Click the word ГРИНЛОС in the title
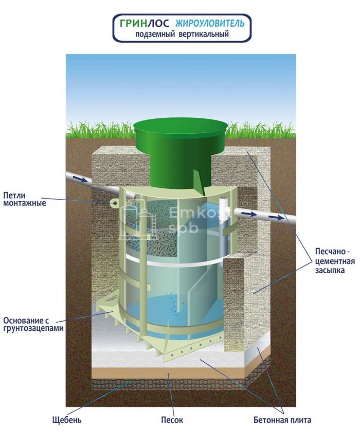tap(145, 23)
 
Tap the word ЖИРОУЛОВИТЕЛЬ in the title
tap(210, 23)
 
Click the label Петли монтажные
tap(25, 199)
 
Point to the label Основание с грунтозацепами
tap(33, 324)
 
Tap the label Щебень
tap(67, 420)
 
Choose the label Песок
tap(172, 420)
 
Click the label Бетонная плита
tap(282, 420)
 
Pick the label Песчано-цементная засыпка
tap(335, 261)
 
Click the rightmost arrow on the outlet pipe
tap(276, 217)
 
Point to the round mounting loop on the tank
tap(114, 203)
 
